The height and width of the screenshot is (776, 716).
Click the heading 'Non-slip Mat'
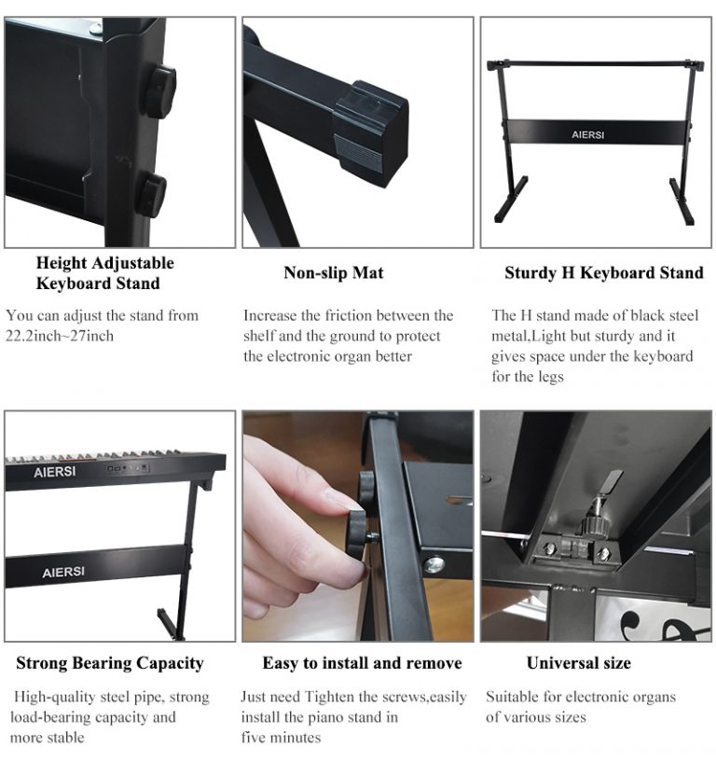click(x=333, y=273)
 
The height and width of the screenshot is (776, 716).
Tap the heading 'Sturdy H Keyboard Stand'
click(x=603, y=273)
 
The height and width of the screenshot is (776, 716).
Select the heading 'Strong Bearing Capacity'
click(x=110, y=663)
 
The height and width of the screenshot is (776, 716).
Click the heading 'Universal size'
click(x=578, y=663)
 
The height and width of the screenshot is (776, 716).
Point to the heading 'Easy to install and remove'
click(x=362, y=663)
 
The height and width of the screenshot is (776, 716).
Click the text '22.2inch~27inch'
click(x=60, y=336)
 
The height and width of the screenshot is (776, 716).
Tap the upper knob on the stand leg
click(x=159, y=91)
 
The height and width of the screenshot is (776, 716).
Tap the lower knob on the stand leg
click(x=151, y=195)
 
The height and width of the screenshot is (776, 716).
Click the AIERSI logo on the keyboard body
click(x=54, y=472)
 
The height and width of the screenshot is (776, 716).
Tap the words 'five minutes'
click(x=281, y=738)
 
